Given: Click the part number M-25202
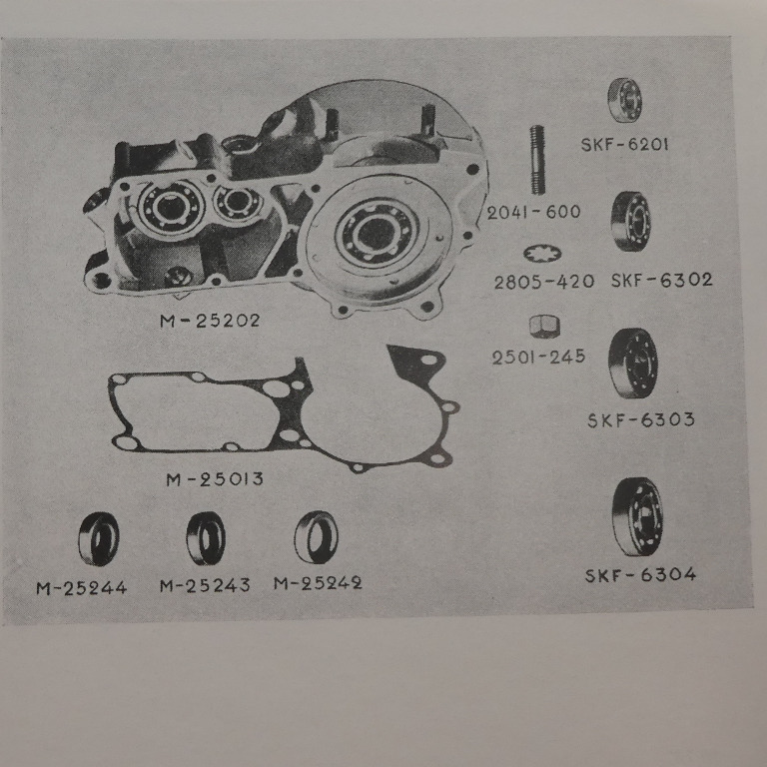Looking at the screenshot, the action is (x=210, y=321).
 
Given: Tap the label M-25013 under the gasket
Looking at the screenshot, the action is (x=215, y=479).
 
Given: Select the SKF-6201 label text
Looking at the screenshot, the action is (x=624, y=144).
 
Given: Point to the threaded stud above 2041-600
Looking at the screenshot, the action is (x=537, y=160).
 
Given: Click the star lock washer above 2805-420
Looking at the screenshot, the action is (x=542, y=254).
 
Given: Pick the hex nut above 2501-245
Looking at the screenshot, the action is (x=544, y=326).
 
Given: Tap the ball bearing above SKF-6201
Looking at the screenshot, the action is (x=624, y=100).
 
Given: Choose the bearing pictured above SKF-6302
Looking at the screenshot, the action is (x=630, y=221).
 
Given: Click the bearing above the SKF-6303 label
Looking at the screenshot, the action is (x=632, y=363).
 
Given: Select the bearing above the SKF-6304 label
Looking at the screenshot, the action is (x=637, y=517).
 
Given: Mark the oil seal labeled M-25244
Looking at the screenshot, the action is (x=99, y=539).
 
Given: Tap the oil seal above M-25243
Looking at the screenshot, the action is (x=206, y=538).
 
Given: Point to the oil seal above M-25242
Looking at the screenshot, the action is (x=316, y=537).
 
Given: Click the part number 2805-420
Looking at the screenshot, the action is (x=544, y=283).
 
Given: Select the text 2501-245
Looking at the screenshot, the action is (x=538, y=358).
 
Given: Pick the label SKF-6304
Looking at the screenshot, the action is (x=640, y=575).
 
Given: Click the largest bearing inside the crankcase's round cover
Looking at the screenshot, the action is (x=377, y=232).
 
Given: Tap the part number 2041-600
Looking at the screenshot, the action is (x=533, y=212).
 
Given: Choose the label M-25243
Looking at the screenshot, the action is (x=205, y=585).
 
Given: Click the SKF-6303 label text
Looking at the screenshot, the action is (x=641, y=420).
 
